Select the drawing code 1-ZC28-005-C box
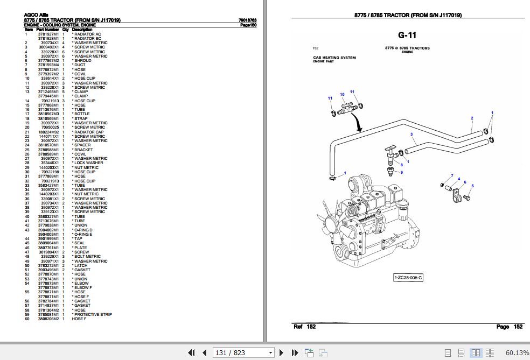pos(408,278)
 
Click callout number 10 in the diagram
pos(341,95)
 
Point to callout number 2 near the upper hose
pos(472,118)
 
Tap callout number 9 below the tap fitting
pos(401,173)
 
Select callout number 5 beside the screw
pos(472,186)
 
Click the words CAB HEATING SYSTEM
pos(334,58)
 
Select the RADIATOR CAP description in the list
pos(89,132)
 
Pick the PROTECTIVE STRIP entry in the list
pos(93,314)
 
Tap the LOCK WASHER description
pos(88,163)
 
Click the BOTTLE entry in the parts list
pos(82,114)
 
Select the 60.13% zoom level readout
pos(517,352)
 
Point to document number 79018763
pos(247,20)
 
